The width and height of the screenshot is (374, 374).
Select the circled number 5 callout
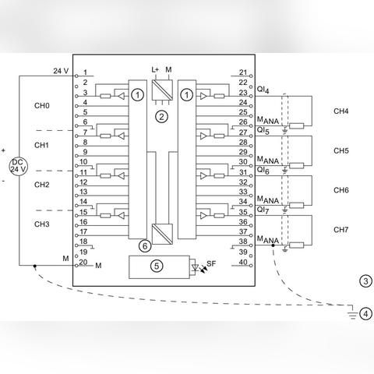click(157, 266)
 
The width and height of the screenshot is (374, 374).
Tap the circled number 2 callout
click(161, 117)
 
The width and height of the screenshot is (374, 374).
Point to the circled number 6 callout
click(145, 246)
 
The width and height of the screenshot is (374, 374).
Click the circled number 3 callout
click(365, 281)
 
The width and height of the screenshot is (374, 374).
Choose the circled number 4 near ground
click(365, 314)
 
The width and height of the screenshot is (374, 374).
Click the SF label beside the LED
click(211, 263)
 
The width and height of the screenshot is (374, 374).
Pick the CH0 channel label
click(42, 106)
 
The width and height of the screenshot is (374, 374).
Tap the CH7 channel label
click(341, 230)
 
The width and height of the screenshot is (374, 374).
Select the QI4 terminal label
click(263, 90)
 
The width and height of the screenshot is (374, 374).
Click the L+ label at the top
click(155, 69)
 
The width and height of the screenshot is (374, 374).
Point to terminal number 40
click(243, 262)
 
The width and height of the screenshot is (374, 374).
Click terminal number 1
click(85, 72)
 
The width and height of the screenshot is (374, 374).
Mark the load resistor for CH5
click(297, 166)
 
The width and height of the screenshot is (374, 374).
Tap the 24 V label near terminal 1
click(61, 71)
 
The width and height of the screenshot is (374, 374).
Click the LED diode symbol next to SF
click(195, 267)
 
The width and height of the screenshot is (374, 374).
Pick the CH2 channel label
click(42, 185)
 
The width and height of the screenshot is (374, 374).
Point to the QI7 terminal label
click(263, 210)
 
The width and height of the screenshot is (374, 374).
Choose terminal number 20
click(83, 262)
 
